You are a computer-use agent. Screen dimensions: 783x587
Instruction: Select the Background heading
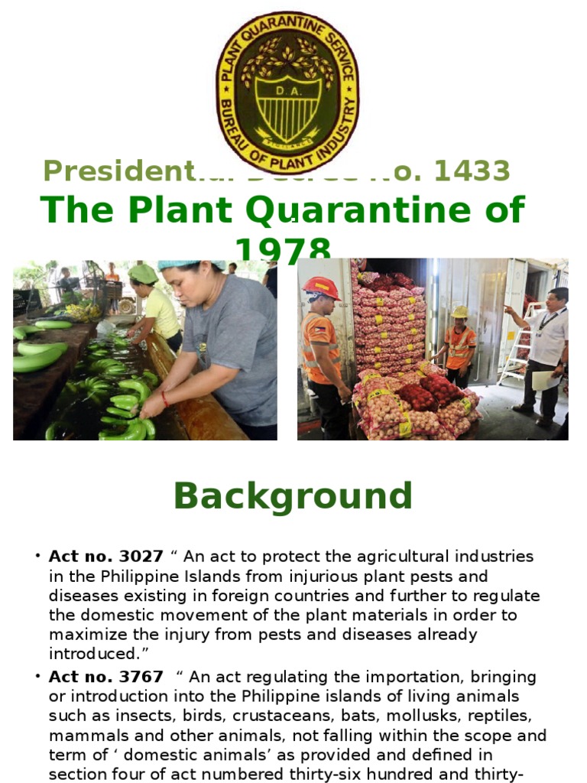293,496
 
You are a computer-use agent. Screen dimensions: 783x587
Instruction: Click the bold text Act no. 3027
105,556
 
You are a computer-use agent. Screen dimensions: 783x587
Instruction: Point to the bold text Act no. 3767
105,677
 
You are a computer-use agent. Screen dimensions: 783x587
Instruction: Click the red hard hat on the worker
321,288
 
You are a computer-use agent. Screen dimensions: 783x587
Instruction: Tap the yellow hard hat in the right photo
459,312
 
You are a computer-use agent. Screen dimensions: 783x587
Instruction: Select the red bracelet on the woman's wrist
165,398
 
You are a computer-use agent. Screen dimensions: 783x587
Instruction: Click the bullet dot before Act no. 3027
37,556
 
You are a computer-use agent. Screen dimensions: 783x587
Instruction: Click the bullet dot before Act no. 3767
37,677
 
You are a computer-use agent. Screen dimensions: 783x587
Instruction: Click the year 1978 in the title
284,249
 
